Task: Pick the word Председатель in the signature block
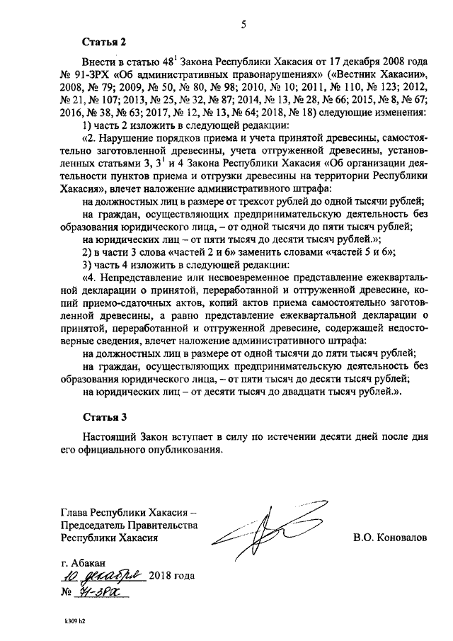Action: [96, 526]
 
